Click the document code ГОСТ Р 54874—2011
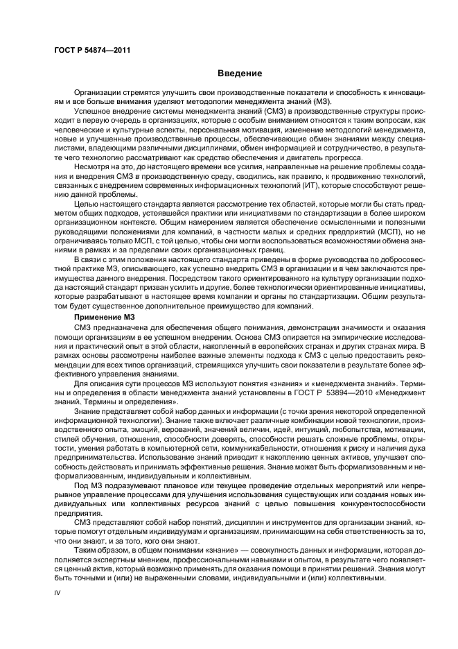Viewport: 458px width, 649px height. point(92,51)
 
